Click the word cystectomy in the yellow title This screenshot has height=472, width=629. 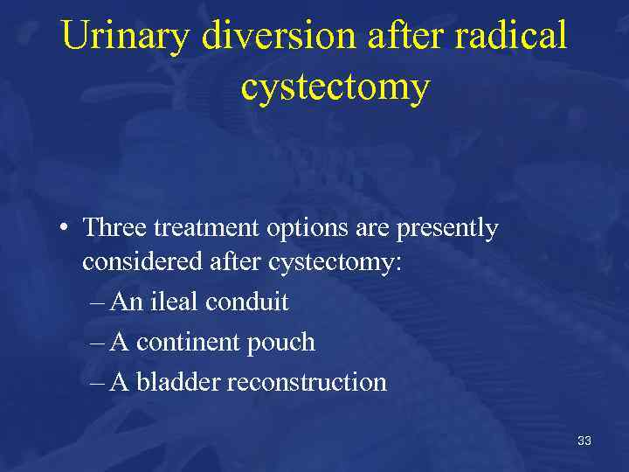(335, 87)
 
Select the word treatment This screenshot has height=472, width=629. (200, 229)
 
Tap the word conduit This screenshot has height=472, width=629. (247, 302)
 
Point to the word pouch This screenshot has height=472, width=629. (281, 343)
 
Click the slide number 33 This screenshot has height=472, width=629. (584, 441)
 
